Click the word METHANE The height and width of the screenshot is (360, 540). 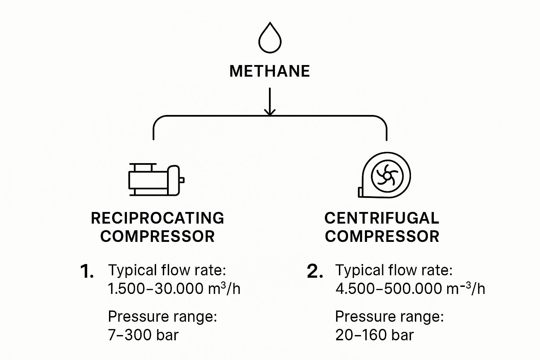(270, 71)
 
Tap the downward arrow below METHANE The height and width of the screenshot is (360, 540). (270, 102)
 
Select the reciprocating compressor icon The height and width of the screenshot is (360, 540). (156, 179)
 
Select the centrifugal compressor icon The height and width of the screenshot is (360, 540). (385, 175)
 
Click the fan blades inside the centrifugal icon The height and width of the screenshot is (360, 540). (386, 175)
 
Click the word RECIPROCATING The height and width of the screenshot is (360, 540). (157, 218)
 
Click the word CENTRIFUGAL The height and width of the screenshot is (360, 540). (381, 218)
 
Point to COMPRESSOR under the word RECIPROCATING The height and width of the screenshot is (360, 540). (157, 236)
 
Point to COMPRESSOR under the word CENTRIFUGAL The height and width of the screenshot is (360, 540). (382, 236)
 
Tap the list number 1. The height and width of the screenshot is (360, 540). (87, 272)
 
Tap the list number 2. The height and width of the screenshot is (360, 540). (315, 272)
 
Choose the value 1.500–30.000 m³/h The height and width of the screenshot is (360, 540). (174, 289)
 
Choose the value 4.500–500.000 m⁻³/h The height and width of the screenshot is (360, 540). (410, 289)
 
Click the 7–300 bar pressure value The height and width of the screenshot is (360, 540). (143, 335)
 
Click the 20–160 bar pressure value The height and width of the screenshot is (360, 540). (374, 335)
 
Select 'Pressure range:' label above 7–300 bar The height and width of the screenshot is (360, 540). (162, 317)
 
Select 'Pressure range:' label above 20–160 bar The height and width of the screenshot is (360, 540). (390, 317)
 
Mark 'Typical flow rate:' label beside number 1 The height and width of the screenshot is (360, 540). (167, 270)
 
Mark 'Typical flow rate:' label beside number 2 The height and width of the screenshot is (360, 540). (394, 270)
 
